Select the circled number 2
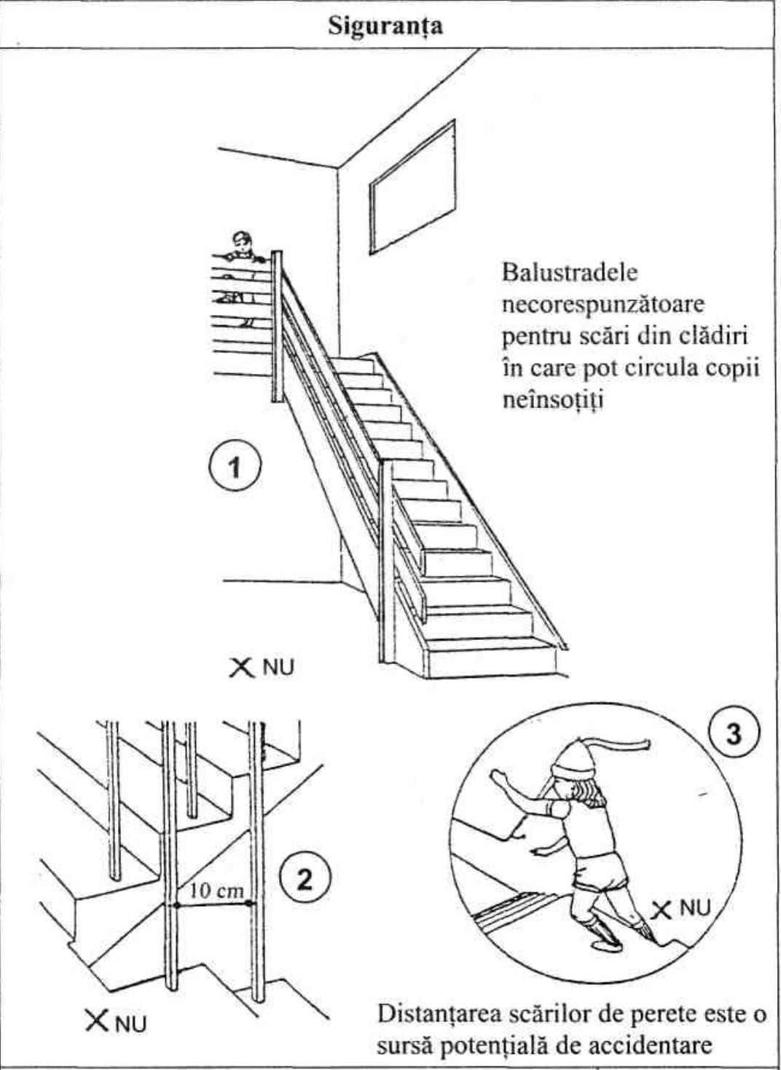(305, 880)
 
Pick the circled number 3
(734, 733)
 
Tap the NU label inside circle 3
(693, 908)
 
